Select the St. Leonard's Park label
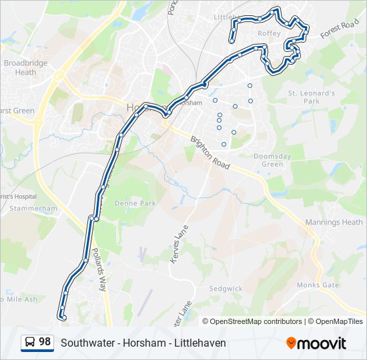[311, 97]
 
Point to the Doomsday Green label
[272, 160]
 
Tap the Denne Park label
[135, 203]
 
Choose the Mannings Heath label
[334, 222]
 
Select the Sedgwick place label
[226, 289]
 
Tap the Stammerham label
[34, 208]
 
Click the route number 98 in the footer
[45, 342]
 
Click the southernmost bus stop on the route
[63, 318]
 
